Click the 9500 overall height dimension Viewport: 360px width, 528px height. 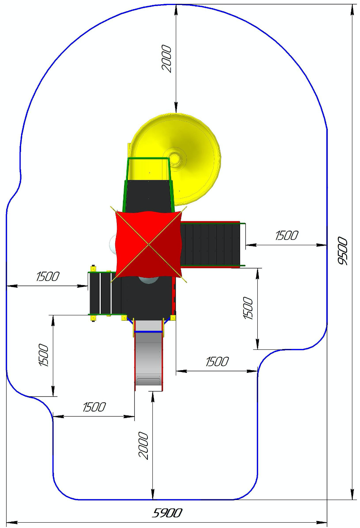point(342,251)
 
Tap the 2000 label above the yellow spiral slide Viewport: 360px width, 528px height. point(166,59)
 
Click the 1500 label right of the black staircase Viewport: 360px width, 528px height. point(286,235)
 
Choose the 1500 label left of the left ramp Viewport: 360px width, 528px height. point(47,276)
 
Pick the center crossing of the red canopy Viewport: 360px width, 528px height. point(149,245)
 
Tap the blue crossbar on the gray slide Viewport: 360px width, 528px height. point(149,332)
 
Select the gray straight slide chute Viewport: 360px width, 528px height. point(149,356)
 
